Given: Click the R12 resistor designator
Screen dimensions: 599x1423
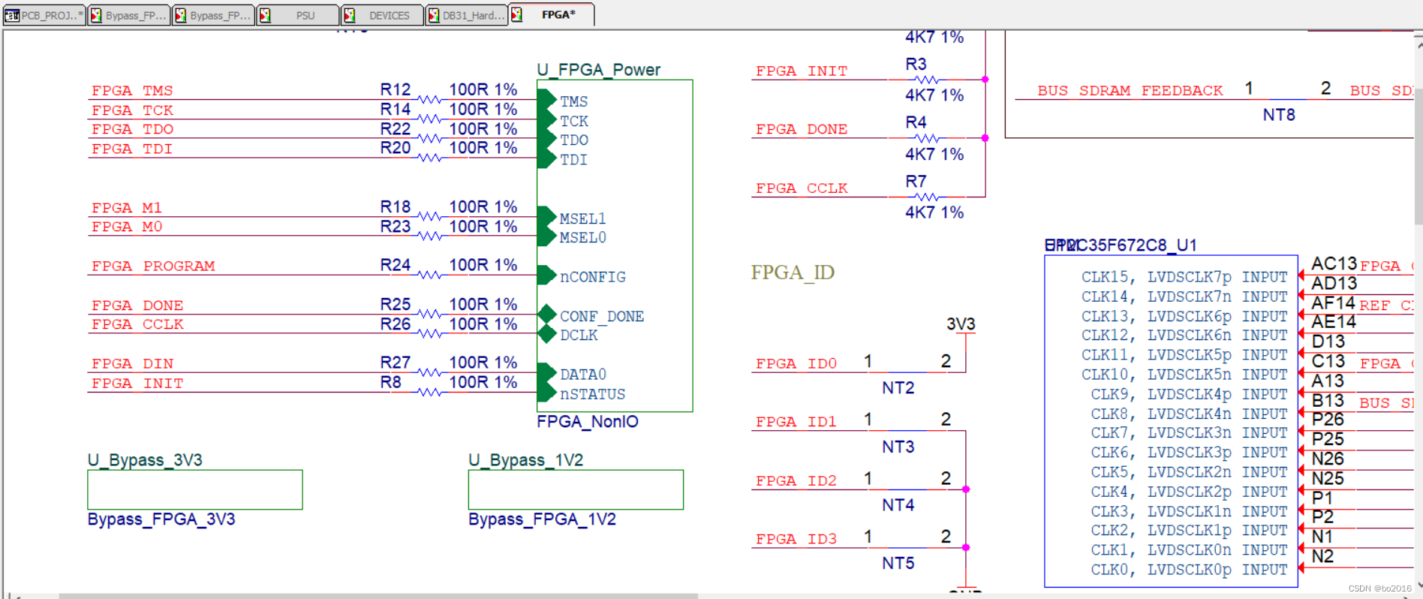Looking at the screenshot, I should (x=395, y=89).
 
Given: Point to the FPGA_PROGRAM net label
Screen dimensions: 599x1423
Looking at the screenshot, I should (x=153, y=266).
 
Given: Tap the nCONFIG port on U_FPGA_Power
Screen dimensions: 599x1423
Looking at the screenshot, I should (x=591, y=277).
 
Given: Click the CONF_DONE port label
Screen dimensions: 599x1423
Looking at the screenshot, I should (x=601, y=316).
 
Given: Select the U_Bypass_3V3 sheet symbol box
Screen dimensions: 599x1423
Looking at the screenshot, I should (x=194, y=489).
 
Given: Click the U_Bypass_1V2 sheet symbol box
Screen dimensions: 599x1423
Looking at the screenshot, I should (x=576, y=489).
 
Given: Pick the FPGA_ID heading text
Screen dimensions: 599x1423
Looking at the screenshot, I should (x=793, y=272).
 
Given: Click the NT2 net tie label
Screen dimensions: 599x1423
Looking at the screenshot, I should (x=898, y=388).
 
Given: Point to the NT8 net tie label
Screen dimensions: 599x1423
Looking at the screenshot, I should (x=1279, y=115).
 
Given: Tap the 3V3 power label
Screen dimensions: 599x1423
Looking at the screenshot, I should (x=961, y=324).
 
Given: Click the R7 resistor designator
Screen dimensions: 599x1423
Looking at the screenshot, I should (x=916, y=182).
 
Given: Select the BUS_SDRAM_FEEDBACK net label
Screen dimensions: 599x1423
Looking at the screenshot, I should (x=1130, y=91).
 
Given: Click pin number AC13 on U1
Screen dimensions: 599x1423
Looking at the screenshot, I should (x=1334, y=264).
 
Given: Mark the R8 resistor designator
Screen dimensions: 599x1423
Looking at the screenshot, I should (x=390, y=382).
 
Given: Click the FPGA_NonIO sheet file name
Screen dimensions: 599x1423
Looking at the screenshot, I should (x=587, y=422).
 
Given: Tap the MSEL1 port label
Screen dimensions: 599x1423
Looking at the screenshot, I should (x=582, y=218).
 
